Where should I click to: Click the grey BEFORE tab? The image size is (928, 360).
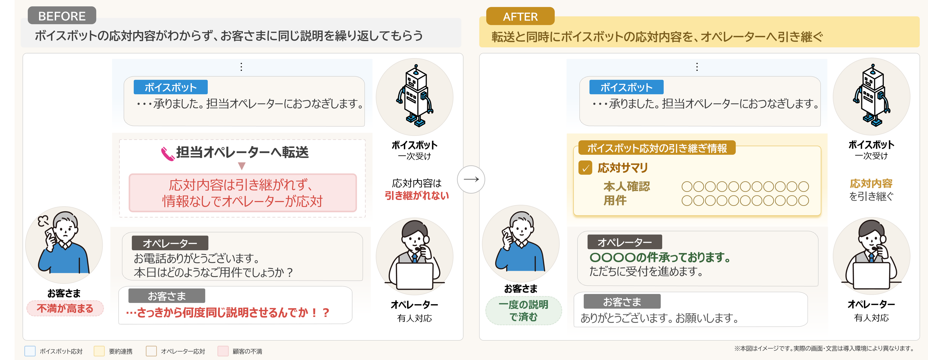coord(62,15)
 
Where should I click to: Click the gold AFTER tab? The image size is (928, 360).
coord(520,16)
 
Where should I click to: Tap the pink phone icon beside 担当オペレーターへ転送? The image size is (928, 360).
coord(168,153)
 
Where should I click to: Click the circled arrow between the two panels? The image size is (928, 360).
coord(471,179)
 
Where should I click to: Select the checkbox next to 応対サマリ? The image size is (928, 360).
coord(585,168)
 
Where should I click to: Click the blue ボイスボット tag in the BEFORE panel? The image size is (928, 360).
coord(170,87)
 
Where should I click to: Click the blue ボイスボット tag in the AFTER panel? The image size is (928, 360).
coord(626,87)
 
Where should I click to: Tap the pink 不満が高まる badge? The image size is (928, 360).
coord(65,308)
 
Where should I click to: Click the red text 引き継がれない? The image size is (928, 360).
coord(417,196)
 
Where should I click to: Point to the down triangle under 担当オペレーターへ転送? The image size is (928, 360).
coord(242,166)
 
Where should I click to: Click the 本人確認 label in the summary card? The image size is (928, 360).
coord(627,187)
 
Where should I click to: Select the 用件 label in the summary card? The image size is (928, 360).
coord(615,200)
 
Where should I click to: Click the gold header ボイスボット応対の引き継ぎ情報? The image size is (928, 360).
coord(657,148)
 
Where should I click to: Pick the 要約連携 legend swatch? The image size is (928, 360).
coord(99,351)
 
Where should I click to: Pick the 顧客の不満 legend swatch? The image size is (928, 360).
coord(223,351)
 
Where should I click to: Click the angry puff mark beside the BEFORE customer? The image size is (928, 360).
coord(43,221)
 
